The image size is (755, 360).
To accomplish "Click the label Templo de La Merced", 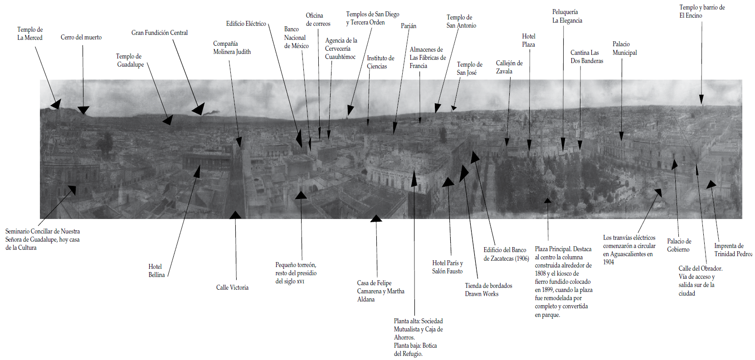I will pyautogui.click(x=30, y=34).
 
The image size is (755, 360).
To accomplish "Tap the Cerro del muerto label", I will pyautogui.click(x=81, y=37).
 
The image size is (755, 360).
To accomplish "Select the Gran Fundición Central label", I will pyautogui.click(x=160, y=33).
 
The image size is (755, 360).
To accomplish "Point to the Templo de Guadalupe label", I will pyautogui.click(x=130, y=60).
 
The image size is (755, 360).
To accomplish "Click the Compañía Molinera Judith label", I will pyautogui.click(x=232, y=48).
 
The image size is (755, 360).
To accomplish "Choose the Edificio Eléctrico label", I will pyautogui.click(x=246, y=24).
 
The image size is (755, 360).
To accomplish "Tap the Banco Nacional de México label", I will pyautogui.click(x=296, y=38).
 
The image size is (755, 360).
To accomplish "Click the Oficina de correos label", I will pyautogui.click(x=318, y=19).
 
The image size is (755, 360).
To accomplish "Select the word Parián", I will pyautogui.click(x=408, y=26).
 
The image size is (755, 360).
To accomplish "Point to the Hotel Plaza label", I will pyautogui.click(x=528, y=40).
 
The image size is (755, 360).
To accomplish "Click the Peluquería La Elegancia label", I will pyautogui.click(x=567, y=16).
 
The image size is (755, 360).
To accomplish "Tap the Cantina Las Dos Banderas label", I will pyautogui.click(x=587, y=57).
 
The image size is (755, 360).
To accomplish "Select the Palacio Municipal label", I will pyautogui.click(x=624, y=49).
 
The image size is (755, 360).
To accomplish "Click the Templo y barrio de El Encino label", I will pyautogui.click(x=701, y=11).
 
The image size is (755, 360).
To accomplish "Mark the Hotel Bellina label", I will pyautogui.click(x=156, y=271).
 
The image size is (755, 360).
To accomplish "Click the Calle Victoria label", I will pyautogui.click(x=232, y=287).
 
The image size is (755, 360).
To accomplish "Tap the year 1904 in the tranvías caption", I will pyautogui.click(x=609, y=262).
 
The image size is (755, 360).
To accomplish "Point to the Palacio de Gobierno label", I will pyautogui.click(x=679, y=245).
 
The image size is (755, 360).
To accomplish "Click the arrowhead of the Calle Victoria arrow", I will pyautogui.click(x=235, y=215).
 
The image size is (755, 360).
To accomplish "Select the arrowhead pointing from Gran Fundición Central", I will pyautogui.click(x=199, y=110).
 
